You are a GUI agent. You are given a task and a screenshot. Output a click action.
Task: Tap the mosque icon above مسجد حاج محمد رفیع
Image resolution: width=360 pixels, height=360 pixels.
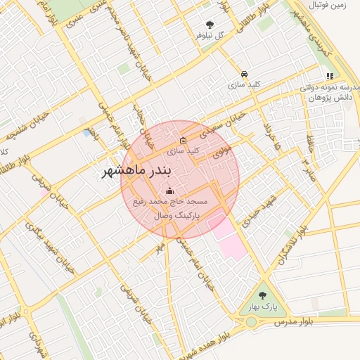(x=169, y=191)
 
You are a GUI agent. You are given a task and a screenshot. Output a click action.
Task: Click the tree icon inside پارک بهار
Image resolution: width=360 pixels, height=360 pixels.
(x=263, y=296)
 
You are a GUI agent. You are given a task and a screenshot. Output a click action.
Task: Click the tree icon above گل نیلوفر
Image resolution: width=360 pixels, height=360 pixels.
(x=209, y=24)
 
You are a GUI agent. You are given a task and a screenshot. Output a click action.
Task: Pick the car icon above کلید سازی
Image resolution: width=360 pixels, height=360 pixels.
(x=243, y=74)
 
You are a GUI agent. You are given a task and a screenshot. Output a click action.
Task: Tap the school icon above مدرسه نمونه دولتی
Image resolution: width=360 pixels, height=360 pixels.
(x=329, y=77)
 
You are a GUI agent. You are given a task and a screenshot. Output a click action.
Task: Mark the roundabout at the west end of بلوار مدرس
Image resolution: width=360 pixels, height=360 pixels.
(x=251, y=323)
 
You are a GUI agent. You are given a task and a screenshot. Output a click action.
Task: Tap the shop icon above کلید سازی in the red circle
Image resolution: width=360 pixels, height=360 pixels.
(x=184, y=140)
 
